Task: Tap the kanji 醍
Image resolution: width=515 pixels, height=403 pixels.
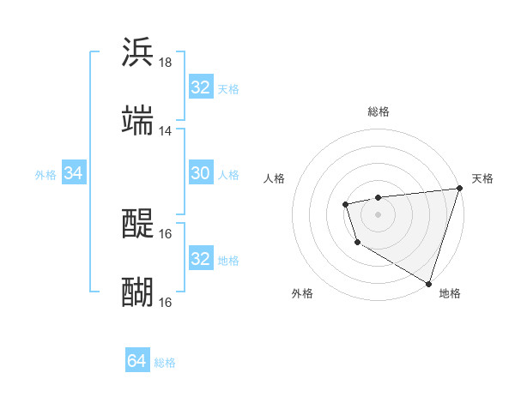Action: (x=137, y=225)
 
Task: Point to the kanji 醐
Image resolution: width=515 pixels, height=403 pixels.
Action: (x=137, y=292)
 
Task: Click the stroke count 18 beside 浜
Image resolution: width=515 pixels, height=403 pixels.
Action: (x=165, y=63)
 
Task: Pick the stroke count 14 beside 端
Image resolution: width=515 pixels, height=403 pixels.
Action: (x=165, y=131)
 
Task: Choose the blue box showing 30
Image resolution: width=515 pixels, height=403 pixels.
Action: (x=200, y=173)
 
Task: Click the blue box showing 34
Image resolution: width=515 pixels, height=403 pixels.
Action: (x=73, y=173)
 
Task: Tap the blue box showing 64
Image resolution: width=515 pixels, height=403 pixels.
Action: (x=136, y=362)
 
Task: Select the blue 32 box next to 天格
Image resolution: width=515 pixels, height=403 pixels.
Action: (x=200, y=87)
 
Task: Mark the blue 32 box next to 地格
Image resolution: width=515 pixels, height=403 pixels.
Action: (x=200, y=259)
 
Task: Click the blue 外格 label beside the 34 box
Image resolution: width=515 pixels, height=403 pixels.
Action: (x=45, y=175)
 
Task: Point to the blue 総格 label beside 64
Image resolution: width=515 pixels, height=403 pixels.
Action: (x=165, y=363)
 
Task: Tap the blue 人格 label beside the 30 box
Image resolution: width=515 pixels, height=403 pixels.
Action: (x=228, y=174)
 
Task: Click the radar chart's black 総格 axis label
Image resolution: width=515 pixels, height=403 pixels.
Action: (x=378, y=111)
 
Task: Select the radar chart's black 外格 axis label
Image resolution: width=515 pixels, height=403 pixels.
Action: (x=302, y=294)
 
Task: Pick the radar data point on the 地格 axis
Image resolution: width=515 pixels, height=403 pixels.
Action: (x=427, y=282)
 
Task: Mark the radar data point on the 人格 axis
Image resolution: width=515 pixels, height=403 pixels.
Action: (x=345, y=204)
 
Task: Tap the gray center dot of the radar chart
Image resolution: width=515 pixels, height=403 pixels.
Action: (x=378, y=214)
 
